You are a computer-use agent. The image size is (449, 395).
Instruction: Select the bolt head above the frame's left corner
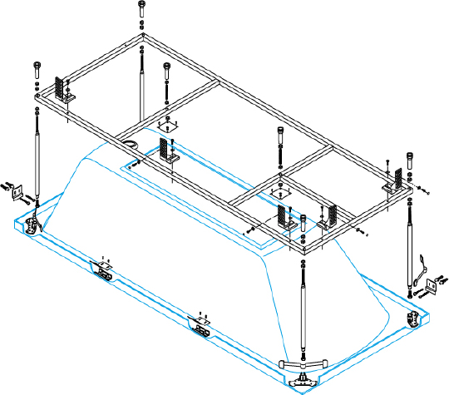pyautogui.click(x=36, y=65)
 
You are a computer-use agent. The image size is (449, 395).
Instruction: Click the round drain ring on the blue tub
pyautogui.click(x=131, y=145)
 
